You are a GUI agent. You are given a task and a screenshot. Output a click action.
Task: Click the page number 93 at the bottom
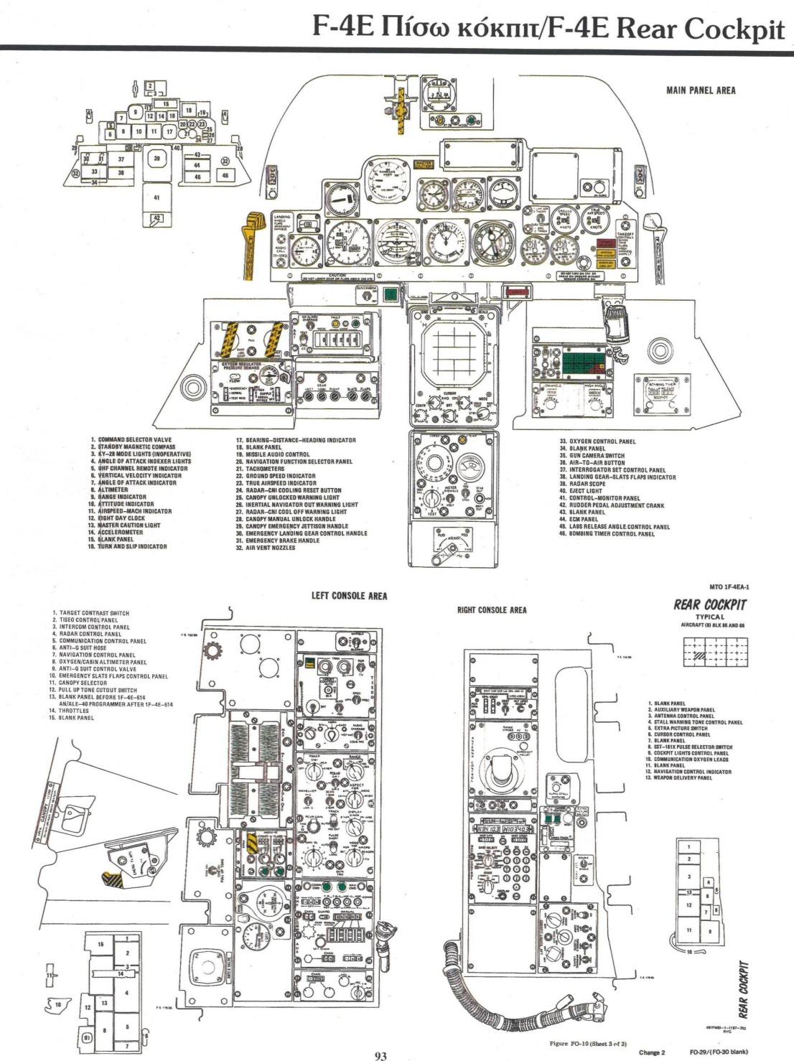coord(380,1055)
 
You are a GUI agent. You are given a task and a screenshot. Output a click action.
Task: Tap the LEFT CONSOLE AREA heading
coord(349,596)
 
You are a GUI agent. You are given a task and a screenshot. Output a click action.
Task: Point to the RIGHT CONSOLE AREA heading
coord(492,610)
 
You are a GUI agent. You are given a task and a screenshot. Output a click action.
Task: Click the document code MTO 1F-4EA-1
coord(727,586)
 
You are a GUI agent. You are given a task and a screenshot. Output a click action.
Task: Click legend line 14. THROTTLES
coord(69,711)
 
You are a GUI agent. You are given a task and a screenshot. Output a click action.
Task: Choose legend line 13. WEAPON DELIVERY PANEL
coord(678,778)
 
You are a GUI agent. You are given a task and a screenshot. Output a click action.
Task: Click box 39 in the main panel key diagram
coord(157,159)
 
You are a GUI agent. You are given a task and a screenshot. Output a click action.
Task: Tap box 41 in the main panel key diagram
coord(157,197)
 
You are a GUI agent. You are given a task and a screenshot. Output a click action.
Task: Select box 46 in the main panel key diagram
coord(225,175)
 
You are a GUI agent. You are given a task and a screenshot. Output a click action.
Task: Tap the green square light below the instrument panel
coord(391,294)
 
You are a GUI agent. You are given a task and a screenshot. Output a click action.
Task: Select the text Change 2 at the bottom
coord(652,1053)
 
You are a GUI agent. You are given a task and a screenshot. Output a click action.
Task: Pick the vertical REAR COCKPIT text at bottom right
coord(744,991)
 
